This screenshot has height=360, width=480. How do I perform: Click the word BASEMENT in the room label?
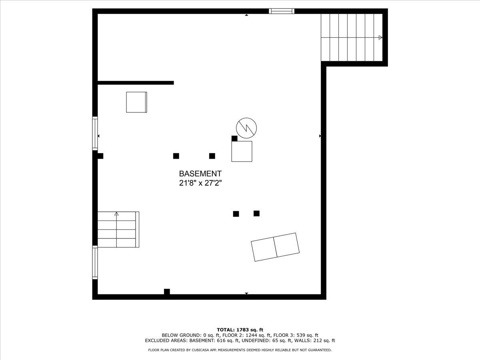click(x=200, y=174)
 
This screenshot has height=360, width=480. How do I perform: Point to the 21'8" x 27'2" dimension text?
click(x=200, y=183)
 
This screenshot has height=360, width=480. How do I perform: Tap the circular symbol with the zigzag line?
click(x=246, y=128)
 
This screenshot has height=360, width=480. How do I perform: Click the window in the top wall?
click(x=282, y=11)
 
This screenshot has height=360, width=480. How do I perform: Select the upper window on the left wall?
click(x=95, y=133)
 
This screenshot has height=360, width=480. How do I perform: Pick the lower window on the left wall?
click(x=95, y=262)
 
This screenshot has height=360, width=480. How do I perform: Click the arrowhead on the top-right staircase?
click(x=380, y=37)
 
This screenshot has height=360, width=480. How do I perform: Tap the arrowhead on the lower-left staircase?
click(x=116, y=214)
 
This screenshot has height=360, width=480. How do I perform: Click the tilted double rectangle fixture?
click(x=275, y=247)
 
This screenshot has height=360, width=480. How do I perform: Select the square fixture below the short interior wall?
click(x=136, y=102)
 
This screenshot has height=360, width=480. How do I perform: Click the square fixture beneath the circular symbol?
click(x=242, y=152)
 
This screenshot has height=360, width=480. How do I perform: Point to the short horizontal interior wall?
click(x=136, y=83)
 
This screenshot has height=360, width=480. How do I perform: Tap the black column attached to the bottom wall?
click(x=167, y=292)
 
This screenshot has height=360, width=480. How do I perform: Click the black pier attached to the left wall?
click(x=100, y=156)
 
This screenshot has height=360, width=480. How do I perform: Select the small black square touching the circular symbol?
click(x=234, y=138)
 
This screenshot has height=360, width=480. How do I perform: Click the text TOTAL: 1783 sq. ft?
click(x=240, y=330)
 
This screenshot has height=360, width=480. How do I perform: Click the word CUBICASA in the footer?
click(x=200, y=350)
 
